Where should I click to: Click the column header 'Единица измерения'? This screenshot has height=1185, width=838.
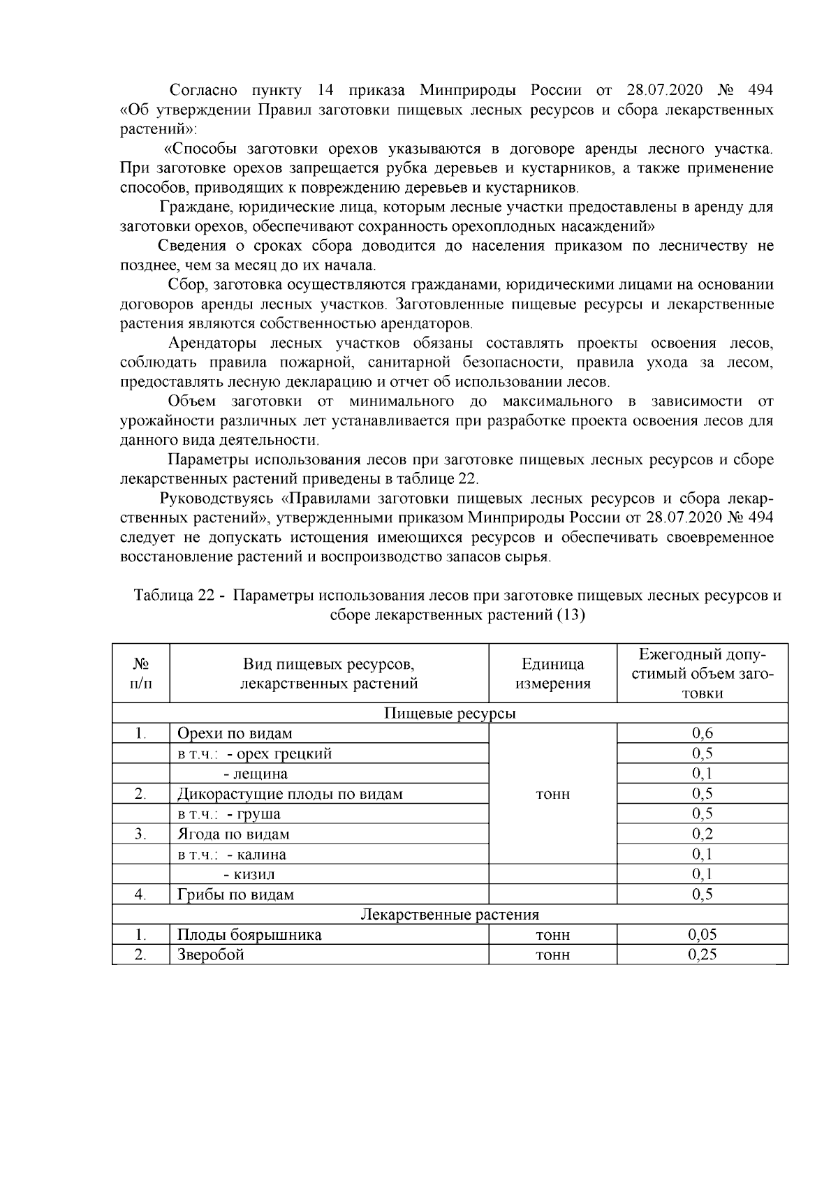[552, 673]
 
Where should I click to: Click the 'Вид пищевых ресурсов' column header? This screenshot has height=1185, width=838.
[329, 673]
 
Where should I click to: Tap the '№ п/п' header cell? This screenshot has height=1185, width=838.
[140, 673]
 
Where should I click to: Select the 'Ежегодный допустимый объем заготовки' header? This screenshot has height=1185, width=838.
[702, 673]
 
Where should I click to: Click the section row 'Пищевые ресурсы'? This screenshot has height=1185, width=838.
[450, 714]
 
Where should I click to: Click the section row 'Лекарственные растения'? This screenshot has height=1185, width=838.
[450, 915]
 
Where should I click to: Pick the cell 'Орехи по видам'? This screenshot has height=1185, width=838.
[235, 734]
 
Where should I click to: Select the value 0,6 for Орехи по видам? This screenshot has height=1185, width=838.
[702, 733]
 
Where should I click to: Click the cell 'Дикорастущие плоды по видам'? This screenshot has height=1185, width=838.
[290, 794]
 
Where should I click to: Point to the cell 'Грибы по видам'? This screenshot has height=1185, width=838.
[235, 895]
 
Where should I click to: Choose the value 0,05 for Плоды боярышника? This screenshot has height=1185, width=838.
[702, 935]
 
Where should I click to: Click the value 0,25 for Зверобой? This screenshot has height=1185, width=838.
[702, 955]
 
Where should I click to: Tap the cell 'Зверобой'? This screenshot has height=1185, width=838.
[211, 955]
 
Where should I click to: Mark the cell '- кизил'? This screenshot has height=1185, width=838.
[249, 874]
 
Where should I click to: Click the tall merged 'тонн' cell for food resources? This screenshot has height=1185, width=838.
[552, 795]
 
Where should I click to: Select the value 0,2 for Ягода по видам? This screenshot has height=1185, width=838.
[702, 834]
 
